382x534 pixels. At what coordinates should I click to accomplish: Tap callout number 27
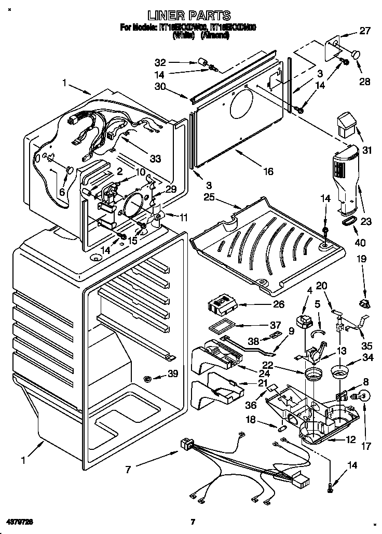365,31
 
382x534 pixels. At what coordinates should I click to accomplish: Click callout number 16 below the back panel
268,171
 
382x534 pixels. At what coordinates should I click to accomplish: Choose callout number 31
367,151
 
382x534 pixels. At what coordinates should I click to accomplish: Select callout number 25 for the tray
209,197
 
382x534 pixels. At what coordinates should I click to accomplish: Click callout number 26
278,304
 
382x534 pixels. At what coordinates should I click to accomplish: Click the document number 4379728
22,521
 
